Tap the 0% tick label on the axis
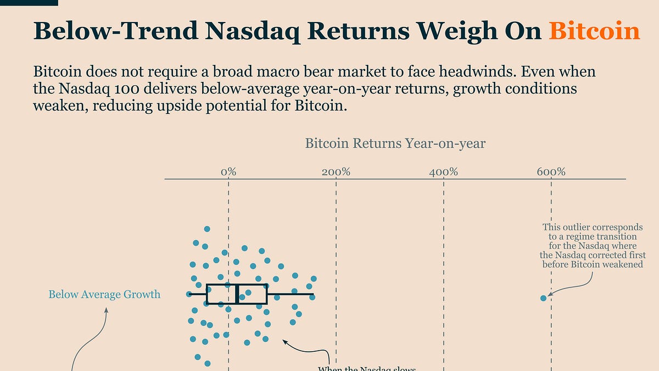point(228,172)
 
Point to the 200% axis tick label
point(336,172)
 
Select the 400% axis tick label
point(443,172)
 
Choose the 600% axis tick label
point(551,172)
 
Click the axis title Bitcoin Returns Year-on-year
point(395,144)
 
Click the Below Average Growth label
point(104,295)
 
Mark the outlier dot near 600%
point(544,298)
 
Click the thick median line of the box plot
point(237,294)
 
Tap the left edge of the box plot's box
point(207,294)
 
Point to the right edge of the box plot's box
point(266,294)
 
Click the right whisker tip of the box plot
point(313,295)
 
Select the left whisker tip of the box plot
point(188,295)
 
